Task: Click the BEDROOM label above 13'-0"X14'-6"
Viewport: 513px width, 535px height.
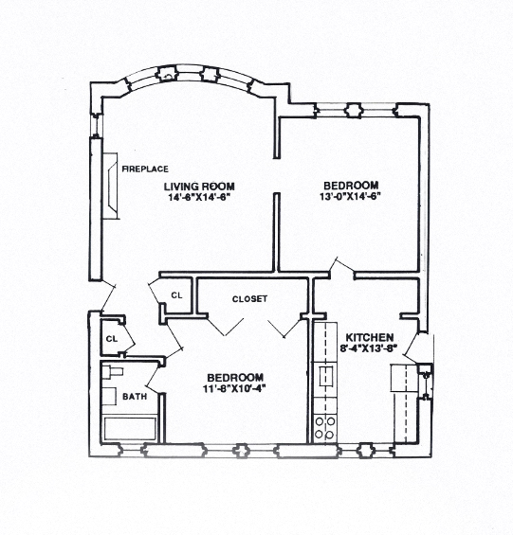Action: click(351, 185)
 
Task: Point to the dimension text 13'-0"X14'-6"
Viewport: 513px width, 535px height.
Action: click(351, 197)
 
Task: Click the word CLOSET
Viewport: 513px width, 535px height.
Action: click(249, 299)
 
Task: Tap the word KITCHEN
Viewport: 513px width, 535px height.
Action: click(370, 337)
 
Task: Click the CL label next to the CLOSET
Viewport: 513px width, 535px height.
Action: click(176, 294)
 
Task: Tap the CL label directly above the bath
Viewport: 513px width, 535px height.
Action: click(112, 338)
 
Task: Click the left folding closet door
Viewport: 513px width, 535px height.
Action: click(224, 326)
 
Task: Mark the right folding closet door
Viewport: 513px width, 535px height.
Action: click(282, 326)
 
